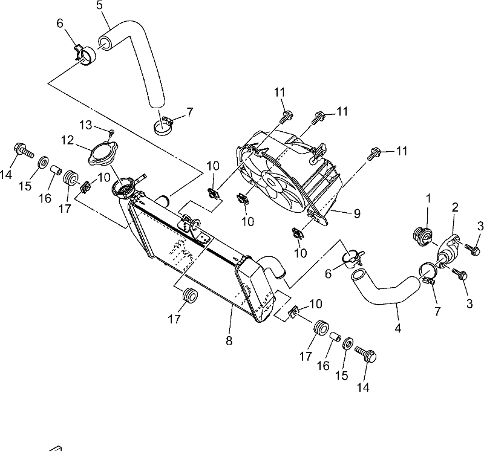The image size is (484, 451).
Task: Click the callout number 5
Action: pos(99,5)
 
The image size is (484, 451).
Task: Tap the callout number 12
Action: pos(68,140)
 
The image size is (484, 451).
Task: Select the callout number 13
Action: pos(86,125)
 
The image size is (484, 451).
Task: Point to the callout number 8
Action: pos(229,341)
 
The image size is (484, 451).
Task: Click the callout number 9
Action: pos(357,213)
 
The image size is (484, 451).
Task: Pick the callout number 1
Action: pos(428,198)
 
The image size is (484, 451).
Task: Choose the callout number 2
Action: pos(455,207)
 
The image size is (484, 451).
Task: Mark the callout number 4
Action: pos(398,328)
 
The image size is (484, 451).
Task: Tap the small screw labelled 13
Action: pos(112,132)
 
